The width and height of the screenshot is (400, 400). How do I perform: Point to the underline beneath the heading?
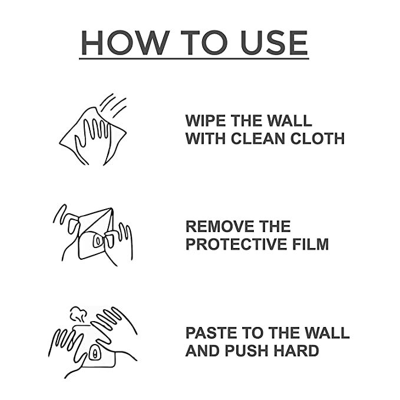click(194, 57)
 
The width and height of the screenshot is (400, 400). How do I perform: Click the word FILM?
click(313, 244)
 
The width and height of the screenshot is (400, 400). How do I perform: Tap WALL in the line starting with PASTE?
click(326, 333)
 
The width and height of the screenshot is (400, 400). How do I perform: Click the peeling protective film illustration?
click(94, 234)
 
